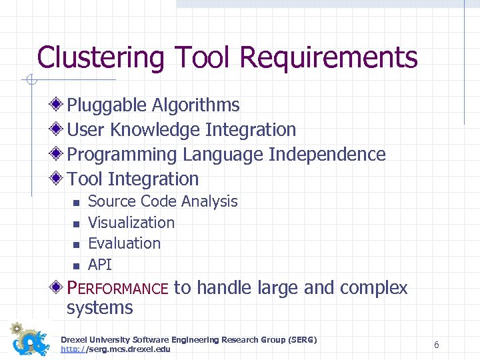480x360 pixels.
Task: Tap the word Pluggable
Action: pyautogui.click(x=107, y=105)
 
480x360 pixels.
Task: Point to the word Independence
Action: pyautogui.click(x=327, y=155)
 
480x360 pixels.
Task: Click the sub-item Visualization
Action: pyautogui.click(x=131, y=223)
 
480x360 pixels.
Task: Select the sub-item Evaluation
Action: pyautogui.click(x=124, y=243)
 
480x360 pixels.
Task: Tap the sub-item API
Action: pyautogui.click(x=100, y=265)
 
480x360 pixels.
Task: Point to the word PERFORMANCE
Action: pyautogui.click(x=118, y=289)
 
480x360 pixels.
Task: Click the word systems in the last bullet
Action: pyautogui.click(x=100, y=308)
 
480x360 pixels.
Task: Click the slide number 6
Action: pyautogui.click(x=436, y=345)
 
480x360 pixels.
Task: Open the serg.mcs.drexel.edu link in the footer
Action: pyautogui.click(x=115, y=349)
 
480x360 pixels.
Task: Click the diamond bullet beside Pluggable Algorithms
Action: pyautogui.click(x=58, y=105)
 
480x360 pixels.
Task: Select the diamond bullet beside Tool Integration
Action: pyautogui.click(x=58, y=179)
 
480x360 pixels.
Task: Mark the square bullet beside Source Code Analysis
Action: pyautogui.click(x=76, y=202)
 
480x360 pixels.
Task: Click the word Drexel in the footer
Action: pyautogui.click(x=75, y=340)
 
